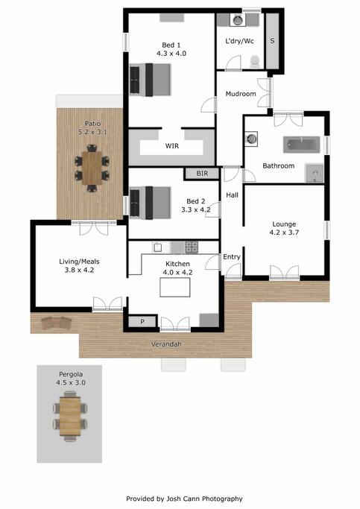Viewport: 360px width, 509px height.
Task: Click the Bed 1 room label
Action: tap(171, 45)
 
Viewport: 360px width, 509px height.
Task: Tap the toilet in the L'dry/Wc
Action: tap(255, 61)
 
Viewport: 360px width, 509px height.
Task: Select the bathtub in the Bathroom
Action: tap(302, 145)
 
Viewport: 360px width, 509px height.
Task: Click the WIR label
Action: tap(171, 146)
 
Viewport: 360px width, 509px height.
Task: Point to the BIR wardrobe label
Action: tap(202, 174)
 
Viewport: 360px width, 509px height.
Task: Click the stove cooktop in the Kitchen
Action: tap(192, 247)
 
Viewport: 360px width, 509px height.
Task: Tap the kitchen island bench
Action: tap(175, 287)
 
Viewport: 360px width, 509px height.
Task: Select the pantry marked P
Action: tap(142, 322)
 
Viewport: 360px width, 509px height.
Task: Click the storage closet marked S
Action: tap(272, 41)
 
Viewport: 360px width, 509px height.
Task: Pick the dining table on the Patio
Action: tap(92, 168)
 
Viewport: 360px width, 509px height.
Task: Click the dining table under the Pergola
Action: tap(70, 416)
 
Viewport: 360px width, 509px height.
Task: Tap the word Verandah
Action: tap(166, 344)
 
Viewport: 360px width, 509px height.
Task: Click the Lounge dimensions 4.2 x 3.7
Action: tap(284, 233)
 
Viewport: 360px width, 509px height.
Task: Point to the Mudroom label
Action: tap(241, 94)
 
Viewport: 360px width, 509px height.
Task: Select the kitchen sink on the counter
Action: tap(158, 247)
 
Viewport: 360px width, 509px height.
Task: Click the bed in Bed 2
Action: tap(150, 203)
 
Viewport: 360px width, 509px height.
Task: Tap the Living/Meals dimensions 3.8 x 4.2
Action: tap(79, 270)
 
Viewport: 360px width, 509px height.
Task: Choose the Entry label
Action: tap(232, 257)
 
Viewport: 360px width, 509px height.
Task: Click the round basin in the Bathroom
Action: tap(251, 139)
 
